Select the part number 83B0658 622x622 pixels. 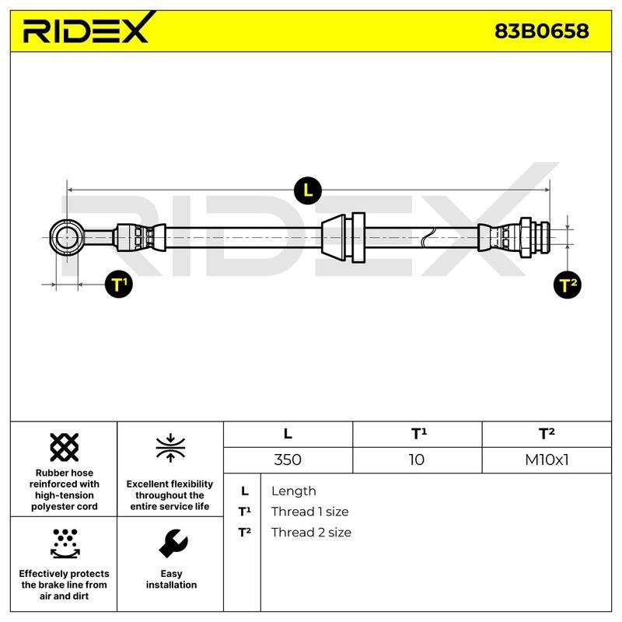point(541,31)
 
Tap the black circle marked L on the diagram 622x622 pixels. point(308,191)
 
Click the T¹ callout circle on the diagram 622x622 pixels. point(119,285)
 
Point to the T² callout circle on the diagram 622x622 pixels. point(568,285)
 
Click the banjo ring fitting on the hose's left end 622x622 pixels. point(53,238)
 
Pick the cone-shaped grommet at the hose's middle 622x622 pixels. point(334,238)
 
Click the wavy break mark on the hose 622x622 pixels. point(428,238)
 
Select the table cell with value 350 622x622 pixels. point(288,460)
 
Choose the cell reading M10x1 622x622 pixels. point(547,460)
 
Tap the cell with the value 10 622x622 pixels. point(417,460)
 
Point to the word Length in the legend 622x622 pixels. point(294,491)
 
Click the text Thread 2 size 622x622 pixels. point(312,533)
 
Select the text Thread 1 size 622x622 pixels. point(310,512)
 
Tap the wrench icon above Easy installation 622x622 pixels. point(173,543)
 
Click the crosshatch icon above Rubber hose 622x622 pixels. point(65,447)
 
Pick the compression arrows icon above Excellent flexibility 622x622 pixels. point(170,449)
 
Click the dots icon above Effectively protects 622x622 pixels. point(65,543)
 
